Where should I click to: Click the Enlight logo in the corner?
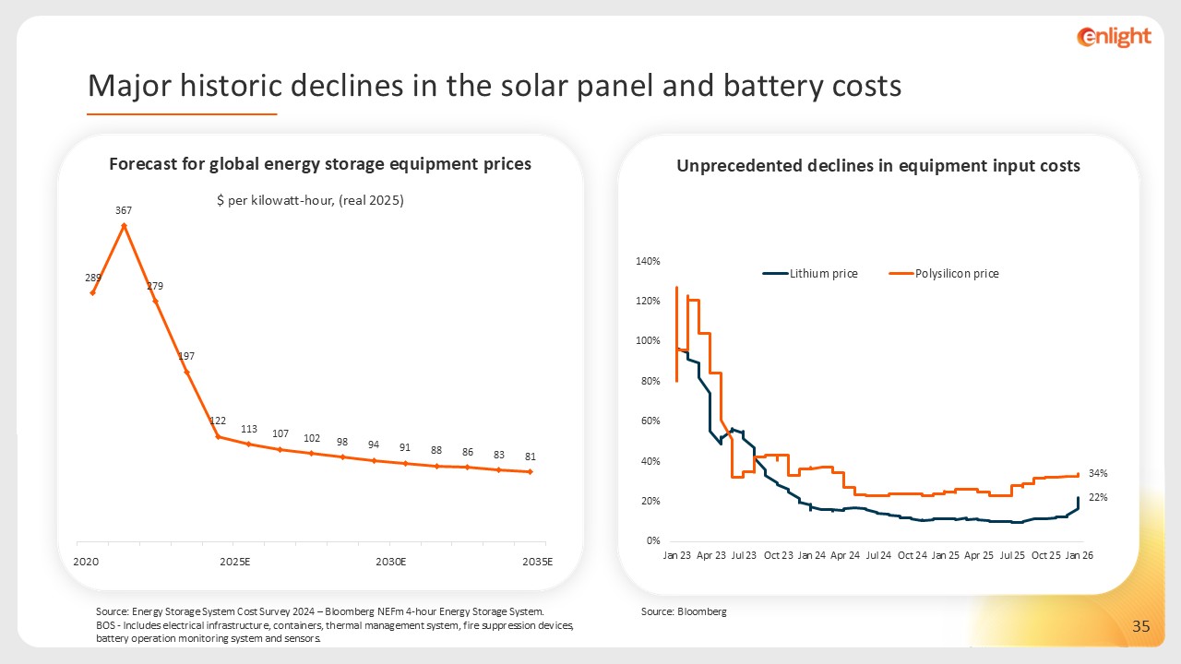tap(1114, 37)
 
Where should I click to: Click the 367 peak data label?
tap(124, 210)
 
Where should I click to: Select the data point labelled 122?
tap(218, 436)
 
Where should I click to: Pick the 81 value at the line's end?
tap(531, 456)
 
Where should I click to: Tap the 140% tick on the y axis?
tap(649, 261)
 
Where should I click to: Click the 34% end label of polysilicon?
tap(1097, 473)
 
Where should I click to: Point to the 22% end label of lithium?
tap(1097, 497)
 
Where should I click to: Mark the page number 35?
tap(1141, 627)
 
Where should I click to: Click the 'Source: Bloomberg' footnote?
tap(684, 611)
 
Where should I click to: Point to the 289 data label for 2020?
tap(93, 277)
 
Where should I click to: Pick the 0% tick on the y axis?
tap(652, 541)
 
